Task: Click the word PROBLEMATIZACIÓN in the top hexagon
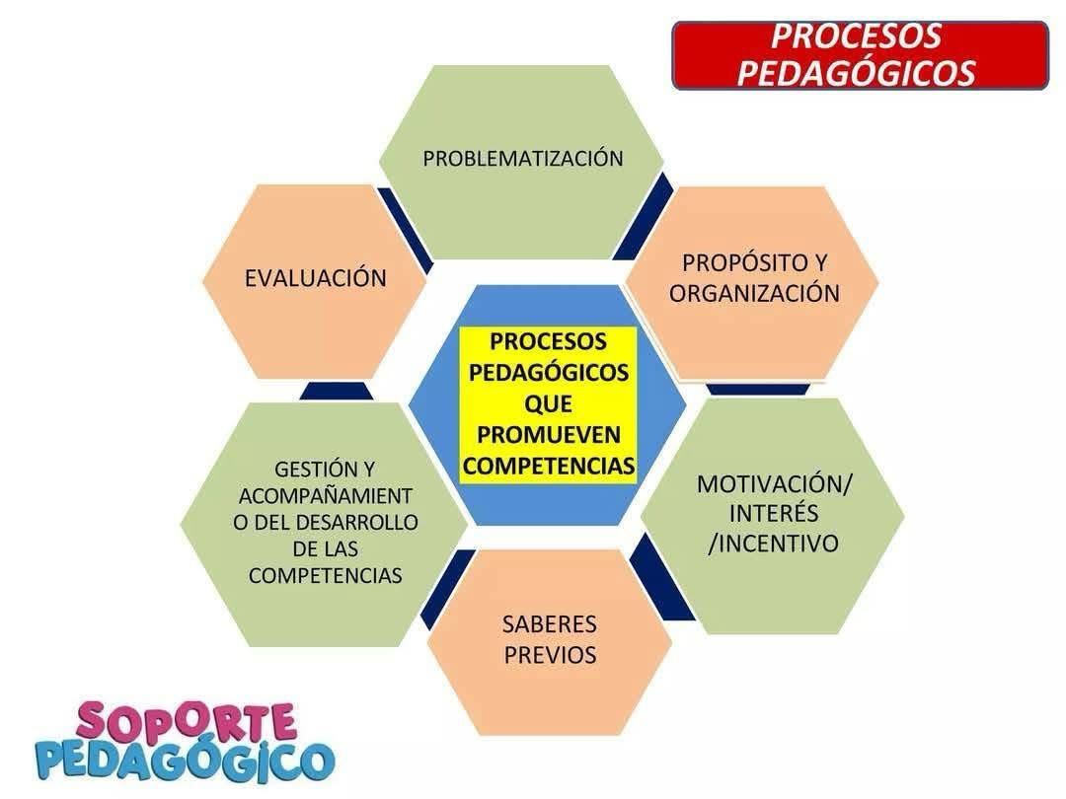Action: (523, 158)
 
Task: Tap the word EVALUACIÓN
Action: (316, 278)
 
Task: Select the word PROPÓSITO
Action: (737, 262)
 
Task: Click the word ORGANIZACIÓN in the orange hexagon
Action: (754, 293)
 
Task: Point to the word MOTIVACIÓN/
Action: (775, 483)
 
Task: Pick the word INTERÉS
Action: (774, 513)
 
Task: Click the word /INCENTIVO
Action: (774, 544)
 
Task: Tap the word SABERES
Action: (550, 623)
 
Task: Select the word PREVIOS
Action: (550, 655)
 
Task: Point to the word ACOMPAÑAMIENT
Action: (325, 496)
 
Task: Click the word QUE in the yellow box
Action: (548, 403)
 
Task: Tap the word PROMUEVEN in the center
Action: (549, 435)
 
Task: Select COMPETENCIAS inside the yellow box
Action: (549, 466)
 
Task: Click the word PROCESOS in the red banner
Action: (855, 36)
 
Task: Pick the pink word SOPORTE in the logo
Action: (186, 722)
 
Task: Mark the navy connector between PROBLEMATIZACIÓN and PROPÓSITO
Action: (644, 216)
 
